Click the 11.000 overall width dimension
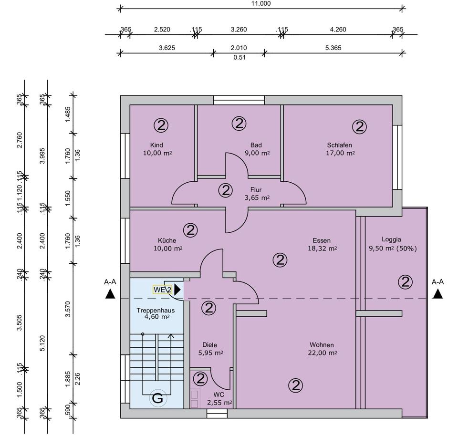click(261, 3)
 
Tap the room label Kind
click(156, 145)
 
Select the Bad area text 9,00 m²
click(257, 153)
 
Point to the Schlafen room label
click(339, 145)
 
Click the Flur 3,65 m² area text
click(257, 197)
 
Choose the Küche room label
click(167, 240)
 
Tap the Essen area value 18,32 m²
click(323, 249)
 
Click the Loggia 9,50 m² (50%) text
click(393, 249)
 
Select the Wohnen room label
click(322, 345)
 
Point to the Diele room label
click(210, 345)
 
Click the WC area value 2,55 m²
click(219, 403)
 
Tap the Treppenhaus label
click(156, 311)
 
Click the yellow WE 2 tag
click(162, 290)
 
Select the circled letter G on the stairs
click(158, 398)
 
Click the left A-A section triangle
click(110, 294)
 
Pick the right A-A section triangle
click(437, 294)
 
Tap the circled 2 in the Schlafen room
click(359, 127)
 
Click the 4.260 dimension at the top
click(338, 30)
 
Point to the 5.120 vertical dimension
click(42, 343)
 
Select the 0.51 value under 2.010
click(239, 58)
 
